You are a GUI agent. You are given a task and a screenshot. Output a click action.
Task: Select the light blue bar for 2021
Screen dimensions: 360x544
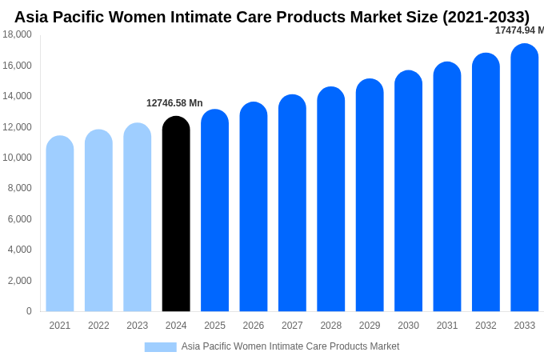point(60,224)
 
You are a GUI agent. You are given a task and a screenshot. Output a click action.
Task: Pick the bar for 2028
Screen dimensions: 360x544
point(331,199)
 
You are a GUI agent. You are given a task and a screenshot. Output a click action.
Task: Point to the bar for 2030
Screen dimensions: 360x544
point(408,191)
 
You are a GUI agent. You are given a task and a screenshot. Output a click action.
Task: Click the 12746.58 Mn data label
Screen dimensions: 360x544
point(174,103)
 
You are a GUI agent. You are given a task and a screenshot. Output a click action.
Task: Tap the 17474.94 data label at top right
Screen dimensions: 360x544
point(518,30)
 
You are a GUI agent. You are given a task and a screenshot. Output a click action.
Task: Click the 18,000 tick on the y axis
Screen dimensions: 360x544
point(17,34)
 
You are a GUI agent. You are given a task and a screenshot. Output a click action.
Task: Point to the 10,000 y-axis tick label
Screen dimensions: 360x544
point(17,158)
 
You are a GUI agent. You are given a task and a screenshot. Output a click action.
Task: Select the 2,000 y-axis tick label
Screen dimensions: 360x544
point(19,281)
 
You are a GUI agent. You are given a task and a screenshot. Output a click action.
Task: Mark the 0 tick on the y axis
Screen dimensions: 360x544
point(29,311)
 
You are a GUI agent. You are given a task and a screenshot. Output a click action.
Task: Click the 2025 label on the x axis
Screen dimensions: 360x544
point(214,326)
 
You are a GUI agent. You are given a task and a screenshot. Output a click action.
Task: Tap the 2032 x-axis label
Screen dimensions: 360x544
point(486,326)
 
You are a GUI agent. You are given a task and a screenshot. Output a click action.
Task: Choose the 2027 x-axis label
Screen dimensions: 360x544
point(292,326)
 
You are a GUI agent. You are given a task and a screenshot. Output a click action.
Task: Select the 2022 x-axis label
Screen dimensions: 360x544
point(98,326)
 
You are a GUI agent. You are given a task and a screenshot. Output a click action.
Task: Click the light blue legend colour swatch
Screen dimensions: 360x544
point(160,347)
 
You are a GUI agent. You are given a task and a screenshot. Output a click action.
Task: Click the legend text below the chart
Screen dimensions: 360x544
point(290,346)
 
